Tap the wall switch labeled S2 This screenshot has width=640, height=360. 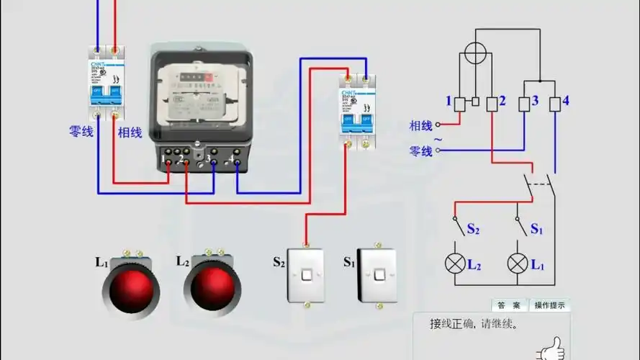307,276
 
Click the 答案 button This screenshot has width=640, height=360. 509,305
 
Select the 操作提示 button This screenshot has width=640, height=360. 550,305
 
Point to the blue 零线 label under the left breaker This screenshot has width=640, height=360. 81,132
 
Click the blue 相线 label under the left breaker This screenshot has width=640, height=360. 130,132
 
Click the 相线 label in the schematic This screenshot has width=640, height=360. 421,125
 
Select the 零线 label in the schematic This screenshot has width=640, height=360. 421,151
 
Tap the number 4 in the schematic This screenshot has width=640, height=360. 565,101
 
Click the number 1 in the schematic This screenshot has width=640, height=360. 448,101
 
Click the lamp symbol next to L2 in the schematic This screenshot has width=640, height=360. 454,263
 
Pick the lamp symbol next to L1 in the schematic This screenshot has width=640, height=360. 517,263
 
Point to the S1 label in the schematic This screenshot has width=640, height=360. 537,229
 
